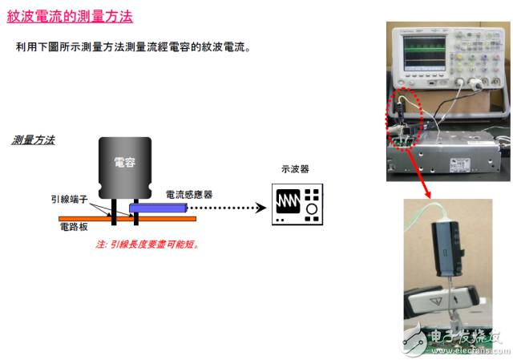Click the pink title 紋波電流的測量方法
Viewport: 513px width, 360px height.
(x=70, y=16)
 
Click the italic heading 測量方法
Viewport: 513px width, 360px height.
(x=34, y=140)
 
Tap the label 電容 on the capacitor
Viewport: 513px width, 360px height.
(x=125, y=162)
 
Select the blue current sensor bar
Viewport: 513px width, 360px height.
(x=159, y=208)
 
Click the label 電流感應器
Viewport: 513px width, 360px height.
(x=189, y=195)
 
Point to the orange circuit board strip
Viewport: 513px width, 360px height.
(x=127, y=219)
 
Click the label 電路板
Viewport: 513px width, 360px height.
(x=74, y=227)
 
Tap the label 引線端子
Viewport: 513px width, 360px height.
(x=70, y=199)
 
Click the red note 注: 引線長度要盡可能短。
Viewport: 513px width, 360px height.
(x=147, y=245)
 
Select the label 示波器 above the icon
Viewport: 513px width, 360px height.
(x=296, y=169)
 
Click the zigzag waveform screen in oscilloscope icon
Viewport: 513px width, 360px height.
(x=288, y=201)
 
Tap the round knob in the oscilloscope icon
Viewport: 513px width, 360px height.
(x=312, y=208)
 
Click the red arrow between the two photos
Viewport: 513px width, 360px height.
(x=418, y=174)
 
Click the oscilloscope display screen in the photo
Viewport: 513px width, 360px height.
(x=424, y=53)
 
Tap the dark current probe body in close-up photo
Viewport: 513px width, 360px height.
(x=447, y=249)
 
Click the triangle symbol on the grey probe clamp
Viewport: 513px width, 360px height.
(x=436, y=301)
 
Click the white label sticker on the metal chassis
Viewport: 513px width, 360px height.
(x=460, y=164)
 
